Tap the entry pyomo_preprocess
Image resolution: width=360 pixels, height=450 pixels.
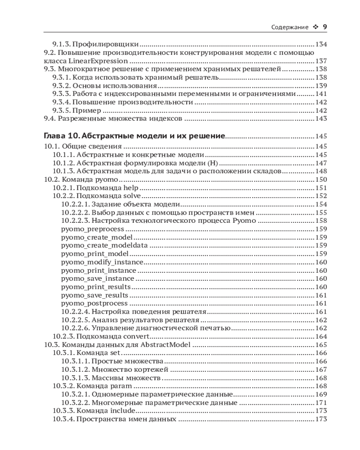(x=92, y=229)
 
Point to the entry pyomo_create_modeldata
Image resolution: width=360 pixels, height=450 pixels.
(x=104, y=245)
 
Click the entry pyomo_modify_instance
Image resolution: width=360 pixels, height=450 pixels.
(x=102, y=262)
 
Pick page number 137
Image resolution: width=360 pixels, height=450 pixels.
(x=321, y=61)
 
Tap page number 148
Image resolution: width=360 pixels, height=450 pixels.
(x=321, y=171)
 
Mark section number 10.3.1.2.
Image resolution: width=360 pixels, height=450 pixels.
(x=75, y=369)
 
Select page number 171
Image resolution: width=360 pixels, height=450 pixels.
(x=321, y=403)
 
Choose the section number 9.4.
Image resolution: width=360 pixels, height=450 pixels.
(x=49, y=119)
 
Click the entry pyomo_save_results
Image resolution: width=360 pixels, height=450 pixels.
(x=94, y=295)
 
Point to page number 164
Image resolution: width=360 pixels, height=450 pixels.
(x=321, y=336)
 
